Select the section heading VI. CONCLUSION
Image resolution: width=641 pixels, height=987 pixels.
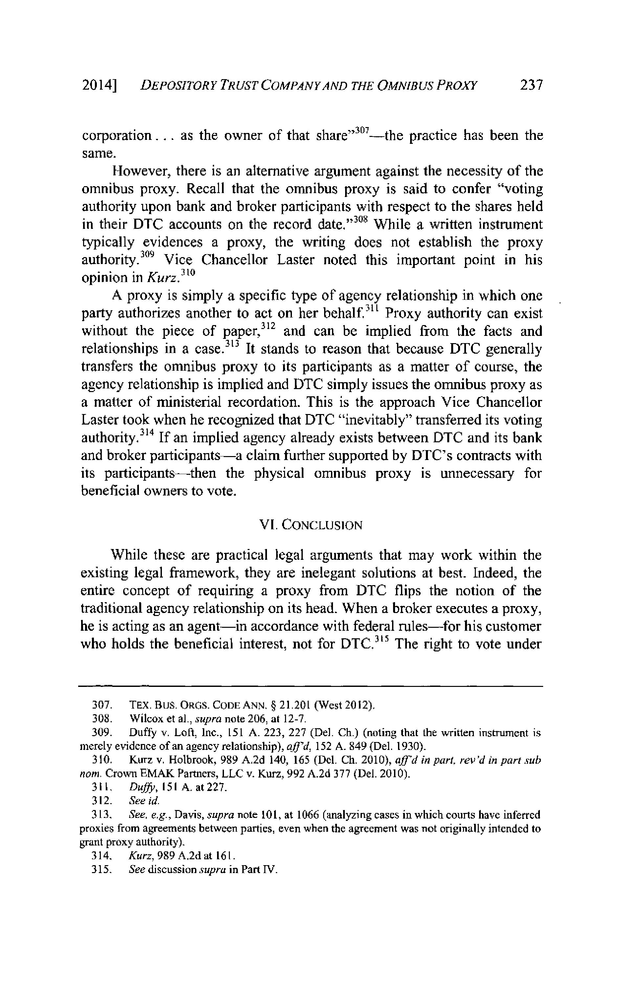tap(311, 525)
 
